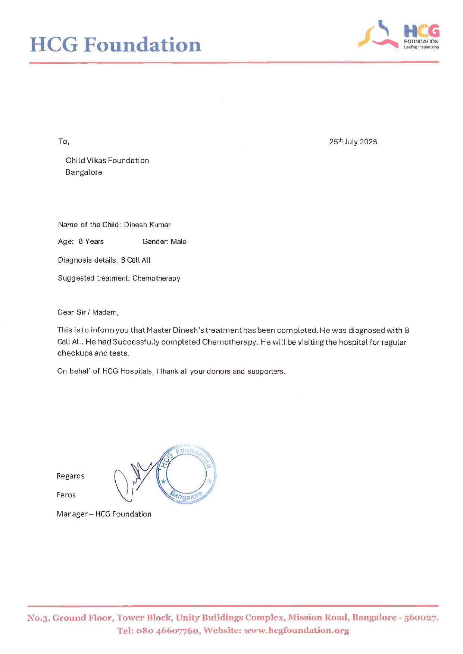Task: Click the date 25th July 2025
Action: pos(353,142)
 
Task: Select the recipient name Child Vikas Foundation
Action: pos(107,161)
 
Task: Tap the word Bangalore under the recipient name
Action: pos(84,172)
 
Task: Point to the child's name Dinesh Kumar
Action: pos(147,225)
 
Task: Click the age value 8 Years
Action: pos(91,241)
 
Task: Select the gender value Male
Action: pos(178,241)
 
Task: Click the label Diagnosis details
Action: pos(88,260)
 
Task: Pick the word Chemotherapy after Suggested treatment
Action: pos(156,278)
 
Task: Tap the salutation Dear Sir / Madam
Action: pos(88,312)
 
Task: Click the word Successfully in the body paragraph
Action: pos(136,342)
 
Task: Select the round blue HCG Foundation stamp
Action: pos(186,474)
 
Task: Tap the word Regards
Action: pos(70,476)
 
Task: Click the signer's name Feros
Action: pos(66,495)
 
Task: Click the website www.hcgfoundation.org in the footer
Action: pos(297,631)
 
